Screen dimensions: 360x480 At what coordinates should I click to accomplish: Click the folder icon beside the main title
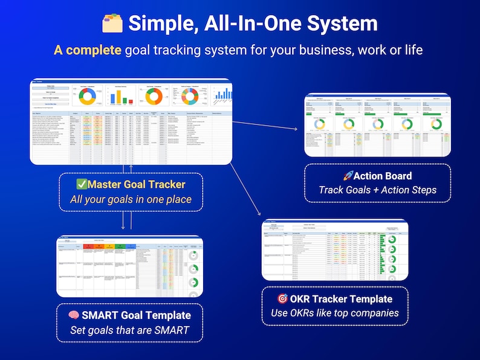[112, 23]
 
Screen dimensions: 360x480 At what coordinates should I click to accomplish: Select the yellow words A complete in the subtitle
[88, 50]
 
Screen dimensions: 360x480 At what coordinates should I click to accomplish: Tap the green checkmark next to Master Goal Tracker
[81, 184]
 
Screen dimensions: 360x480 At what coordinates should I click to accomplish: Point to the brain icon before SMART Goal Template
[74, 315]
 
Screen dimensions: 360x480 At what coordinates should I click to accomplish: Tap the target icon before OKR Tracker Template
[282, 298]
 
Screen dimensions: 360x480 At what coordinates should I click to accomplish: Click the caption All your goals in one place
[131, 199]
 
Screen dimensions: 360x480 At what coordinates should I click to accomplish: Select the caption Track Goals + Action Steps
[377, 190]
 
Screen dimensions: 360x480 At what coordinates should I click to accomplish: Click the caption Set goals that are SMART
[129, 330]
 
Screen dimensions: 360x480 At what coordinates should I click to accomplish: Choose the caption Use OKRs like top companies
[334, 313]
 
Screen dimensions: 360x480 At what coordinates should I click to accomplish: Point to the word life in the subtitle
[411, 50]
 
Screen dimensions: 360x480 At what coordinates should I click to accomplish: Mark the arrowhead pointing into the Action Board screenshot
[300, 129]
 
